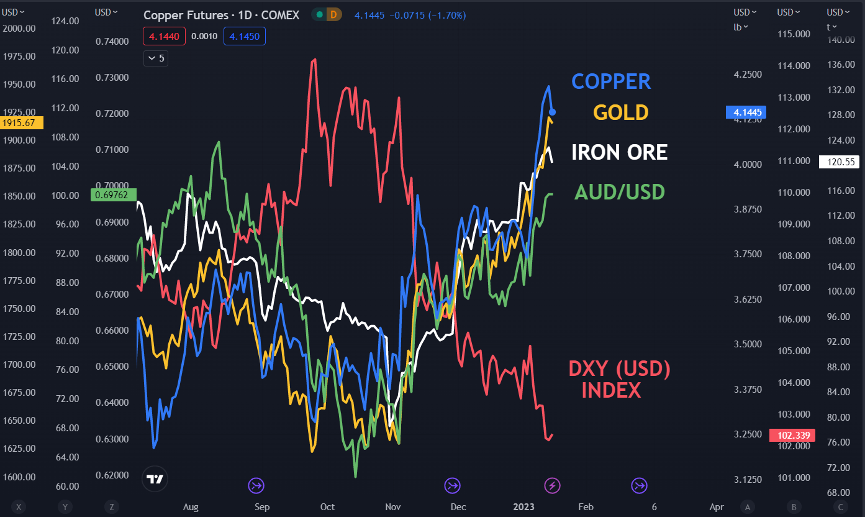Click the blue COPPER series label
pos(611,81)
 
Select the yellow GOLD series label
pos(620,112)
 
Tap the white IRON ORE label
pos(619,152)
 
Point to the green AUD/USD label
pos(619,192)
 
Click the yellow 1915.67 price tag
pos(22,123)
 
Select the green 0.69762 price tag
pos(113,195)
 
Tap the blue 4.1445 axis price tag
pos(746,112)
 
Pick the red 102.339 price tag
pos(790,435)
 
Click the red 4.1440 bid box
pos(165,37)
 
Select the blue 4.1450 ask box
pos(245,37)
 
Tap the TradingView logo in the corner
pos(155,478)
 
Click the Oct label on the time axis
pos(327,507)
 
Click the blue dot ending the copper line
pos(553,112)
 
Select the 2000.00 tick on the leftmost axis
pos(19,28)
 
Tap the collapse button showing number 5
pos(155,58)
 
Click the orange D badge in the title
pos(334,15)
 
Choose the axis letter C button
pos(841,507)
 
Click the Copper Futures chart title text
pos(221,15)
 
